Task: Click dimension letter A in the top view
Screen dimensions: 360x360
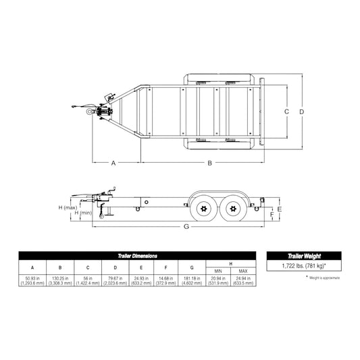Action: tap(113, 163)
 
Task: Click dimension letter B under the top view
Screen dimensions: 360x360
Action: tap(209, 163)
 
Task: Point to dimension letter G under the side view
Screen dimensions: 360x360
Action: tap(186, 227)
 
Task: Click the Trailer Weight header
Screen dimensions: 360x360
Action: tap(304, 257)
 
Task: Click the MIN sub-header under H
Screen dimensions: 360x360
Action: tap(217, 271)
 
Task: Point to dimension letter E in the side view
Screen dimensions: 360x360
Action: tap(278, 210)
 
